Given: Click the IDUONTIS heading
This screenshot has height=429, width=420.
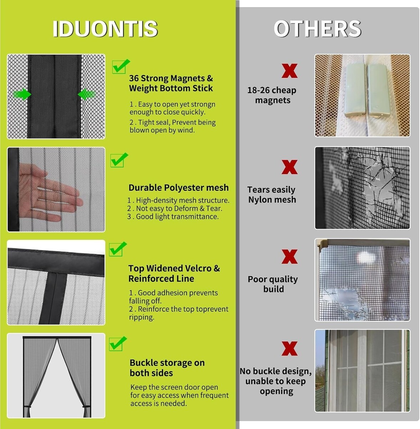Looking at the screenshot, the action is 105,29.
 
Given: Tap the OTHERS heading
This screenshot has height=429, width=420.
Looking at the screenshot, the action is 317,29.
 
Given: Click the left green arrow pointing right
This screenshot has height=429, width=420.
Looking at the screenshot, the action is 22,94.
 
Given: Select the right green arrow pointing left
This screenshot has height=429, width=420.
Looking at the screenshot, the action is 87,94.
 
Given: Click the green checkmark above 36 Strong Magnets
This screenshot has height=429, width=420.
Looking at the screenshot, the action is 121,66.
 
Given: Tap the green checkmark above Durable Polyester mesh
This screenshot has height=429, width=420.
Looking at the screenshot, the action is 119,160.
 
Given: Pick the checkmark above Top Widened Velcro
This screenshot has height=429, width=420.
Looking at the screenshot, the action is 118,249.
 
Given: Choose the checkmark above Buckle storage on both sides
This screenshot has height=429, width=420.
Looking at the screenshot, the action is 118,344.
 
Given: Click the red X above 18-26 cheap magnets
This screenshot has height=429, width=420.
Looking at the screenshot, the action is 289,71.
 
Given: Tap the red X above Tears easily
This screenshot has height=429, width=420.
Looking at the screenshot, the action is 289,167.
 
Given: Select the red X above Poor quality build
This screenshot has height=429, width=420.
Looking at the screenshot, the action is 289,256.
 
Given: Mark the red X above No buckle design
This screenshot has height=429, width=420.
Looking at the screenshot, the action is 289,349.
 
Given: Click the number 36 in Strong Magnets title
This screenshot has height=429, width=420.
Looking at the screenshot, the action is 134,78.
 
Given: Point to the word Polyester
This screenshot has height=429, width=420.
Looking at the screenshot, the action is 184,188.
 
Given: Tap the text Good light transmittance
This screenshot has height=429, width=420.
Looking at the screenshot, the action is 177,217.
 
